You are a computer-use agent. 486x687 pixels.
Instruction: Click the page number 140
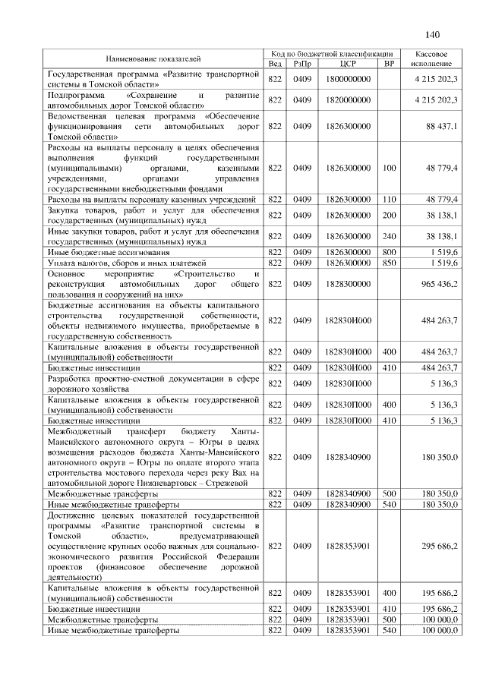(433, 34)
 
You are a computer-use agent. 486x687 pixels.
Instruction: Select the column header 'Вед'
(275, 64)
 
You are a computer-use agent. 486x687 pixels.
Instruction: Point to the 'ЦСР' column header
(349, 64)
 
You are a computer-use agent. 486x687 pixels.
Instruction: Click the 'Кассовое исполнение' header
(432, 59)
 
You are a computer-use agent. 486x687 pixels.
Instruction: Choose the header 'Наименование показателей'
(154, 59)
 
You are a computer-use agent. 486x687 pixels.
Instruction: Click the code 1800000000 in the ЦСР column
(349, 79)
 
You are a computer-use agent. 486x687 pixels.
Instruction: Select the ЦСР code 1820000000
(349, 99)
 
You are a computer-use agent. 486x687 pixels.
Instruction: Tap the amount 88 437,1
(440, 125)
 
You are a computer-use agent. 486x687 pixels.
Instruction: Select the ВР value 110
(389, 199)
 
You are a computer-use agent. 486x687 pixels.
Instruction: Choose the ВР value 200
(389, 215)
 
